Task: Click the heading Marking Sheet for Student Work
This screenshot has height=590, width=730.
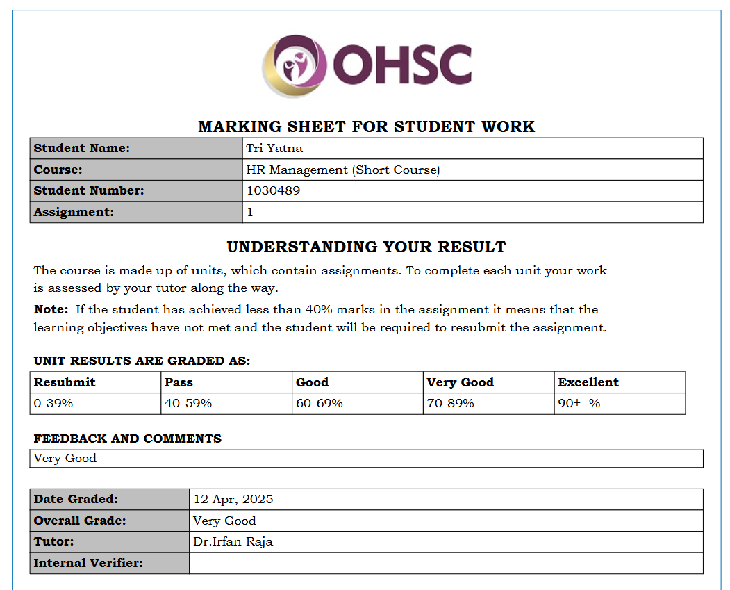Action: coord(366,126)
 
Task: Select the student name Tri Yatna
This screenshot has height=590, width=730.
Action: coord(274,148)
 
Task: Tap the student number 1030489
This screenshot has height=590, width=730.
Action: coord(274,190)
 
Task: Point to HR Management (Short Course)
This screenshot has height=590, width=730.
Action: coord(343,170)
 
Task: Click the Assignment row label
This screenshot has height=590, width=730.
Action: coord(74,212)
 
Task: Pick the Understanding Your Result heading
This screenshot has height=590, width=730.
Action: coord(366,247)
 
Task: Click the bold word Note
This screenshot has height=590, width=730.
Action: coord(51,309)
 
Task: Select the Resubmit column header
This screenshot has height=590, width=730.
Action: coord(65,382)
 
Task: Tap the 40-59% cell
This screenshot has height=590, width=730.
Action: coord(188,403)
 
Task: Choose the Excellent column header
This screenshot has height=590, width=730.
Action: coord(588,382)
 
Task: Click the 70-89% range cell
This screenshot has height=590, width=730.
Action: coord(451,403)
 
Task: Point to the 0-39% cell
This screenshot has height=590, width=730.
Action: coord(53,403)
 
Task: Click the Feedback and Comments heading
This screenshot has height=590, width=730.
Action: coord(128,439)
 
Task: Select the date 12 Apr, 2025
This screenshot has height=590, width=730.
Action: coord(233,499)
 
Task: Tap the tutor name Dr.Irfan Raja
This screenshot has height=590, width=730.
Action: coord(233,541)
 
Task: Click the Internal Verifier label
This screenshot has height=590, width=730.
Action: coord(88,563)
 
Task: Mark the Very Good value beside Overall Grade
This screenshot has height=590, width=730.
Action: coord(225,521)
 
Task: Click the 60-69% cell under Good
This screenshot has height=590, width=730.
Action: coord(320,403)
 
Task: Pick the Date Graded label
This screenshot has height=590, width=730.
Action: coord(76,499)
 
